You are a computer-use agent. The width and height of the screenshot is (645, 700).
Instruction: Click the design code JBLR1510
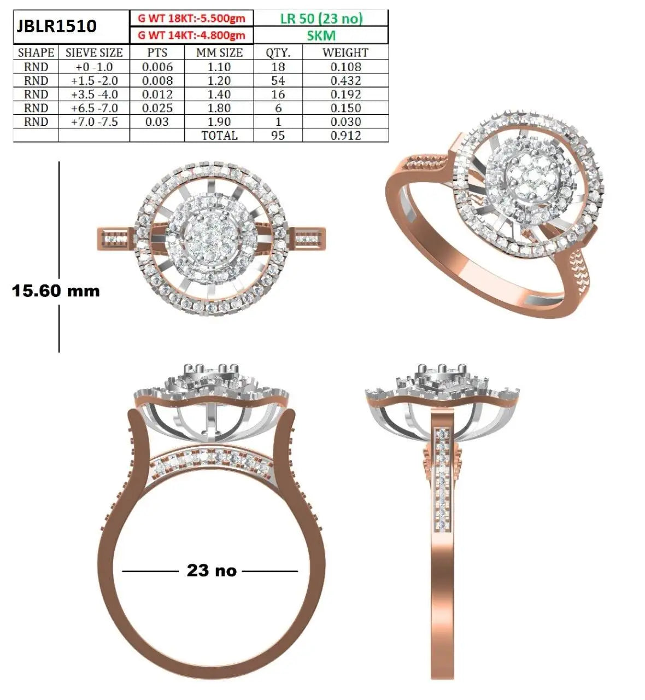(x=56, y=26)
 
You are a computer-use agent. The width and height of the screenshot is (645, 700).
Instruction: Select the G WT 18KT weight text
(x=191, y=19)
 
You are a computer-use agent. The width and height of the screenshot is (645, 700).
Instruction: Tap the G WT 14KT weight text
(x=191, y=35)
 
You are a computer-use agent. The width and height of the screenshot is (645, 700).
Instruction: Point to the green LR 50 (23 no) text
(x=321, y=19)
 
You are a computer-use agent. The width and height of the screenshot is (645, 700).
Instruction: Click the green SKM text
(x=321, y=35)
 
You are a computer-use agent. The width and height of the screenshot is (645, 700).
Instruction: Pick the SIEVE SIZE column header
(x=94, y=52)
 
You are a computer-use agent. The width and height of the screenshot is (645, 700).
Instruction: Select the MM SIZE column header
(x=219, y=52)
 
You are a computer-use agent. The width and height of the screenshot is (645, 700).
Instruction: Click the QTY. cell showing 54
(x=278, y=81)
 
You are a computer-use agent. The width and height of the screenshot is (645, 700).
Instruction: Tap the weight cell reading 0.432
(x=346, y=81)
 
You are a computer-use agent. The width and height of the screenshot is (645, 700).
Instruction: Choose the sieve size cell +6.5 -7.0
(x=95, y=108)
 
